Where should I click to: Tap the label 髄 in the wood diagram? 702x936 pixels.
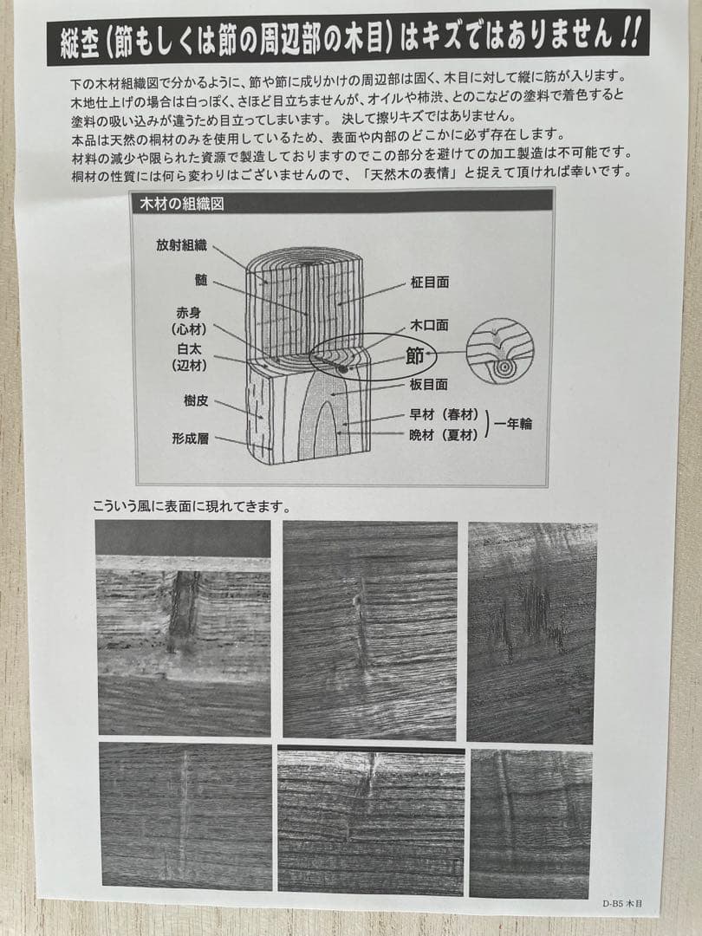point(201,281)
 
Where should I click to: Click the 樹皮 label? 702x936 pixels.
point(195,401)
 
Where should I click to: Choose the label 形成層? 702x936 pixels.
point(190,439)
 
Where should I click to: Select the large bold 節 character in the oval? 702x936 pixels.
point(416,355)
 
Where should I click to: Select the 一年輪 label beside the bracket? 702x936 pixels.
point(514,425)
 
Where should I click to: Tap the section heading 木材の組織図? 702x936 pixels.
point(184,205)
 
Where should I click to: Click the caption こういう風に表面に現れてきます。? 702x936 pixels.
point(192,506)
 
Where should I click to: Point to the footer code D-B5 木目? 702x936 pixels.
point(622,902)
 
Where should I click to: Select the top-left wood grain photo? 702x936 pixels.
point(183,627)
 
